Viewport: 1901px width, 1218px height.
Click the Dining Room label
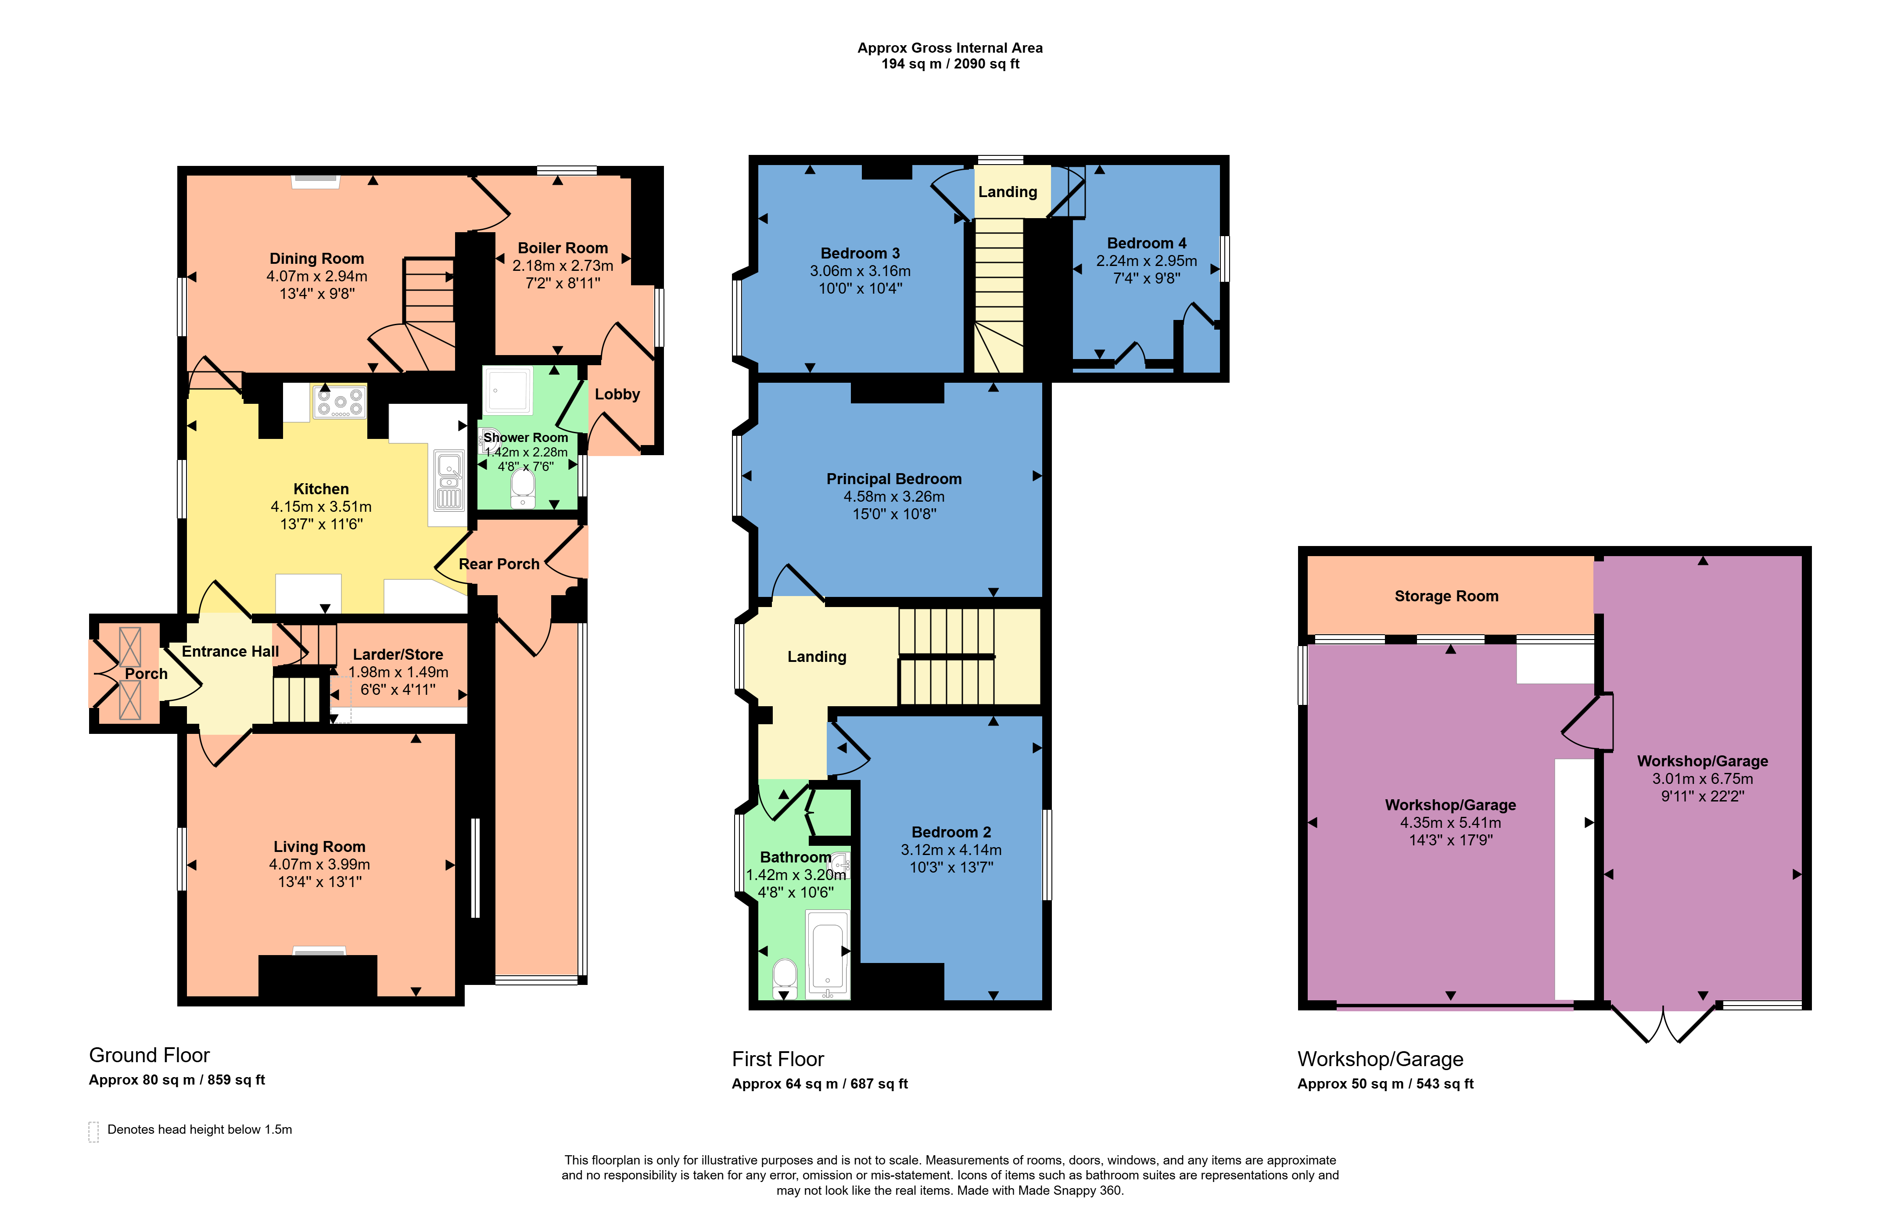click(x=316, y=259)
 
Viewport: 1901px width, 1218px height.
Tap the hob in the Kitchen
click(x=340, y=401)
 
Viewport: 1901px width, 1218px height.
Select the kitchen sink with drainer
click(x=449, y=480)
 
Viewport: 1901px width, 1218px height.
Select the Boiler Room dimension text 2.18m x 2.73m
click(x=562, y=266)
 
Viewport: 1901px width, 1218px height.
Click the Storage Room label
click(x=1446, y=596)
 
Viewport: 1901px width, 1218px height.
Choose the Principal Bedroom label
click(x=893, y=479)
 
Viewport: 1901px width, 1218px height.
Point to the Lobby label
click(x=617, y=395)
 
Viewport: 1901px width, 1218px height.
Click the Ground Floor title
click(x=150, y=1055)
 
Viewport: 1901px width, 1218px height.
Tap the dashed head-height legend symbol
click(x=93, y=1132)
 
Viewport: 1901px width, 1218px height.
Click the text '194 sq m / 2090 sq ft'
click(x=950, y=64)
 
